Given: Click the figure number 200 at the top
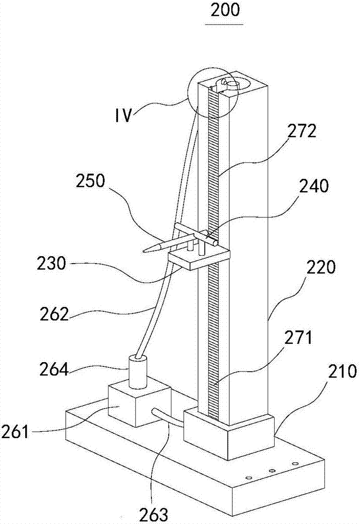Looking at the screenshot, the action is (x=225, y=10).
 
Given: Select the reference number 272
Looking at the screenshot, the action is (x=302, y=131).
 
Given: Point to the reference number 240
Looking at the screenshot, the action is (x=314, y=185).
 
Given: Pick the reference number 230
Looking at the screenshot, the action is (x=51, y=264).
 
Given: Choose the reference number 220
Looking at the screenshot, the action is (x=321, y=268).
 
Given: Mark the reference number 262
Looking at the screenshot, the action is (x=54, y=314).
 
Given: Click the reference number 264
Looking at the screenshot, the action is (x=54, y=369).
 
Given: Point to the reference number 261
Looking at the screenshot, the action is (x=15, y=432).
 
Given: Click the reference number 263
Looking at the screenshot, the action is (x=155, y=515).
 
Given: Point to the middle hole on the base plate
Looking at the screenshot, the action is (x=272, y=471).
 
